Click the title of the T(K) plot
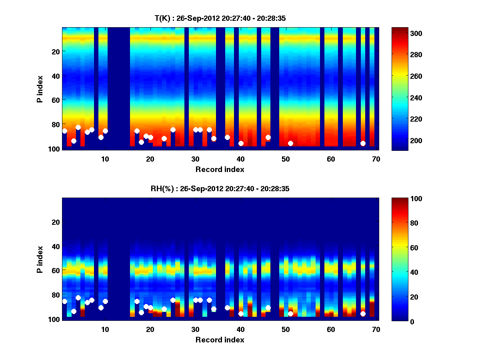pos(220,18)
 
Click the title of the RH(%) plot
pos(220,188)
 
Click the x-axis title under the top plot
pos(220,169)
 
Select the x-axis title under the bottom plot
pos(220,340)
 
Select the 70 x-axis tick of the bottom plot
pos(376,329)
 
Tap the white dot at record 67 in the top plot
pos(363,143)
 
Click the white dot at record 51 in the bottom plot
pos(290,314)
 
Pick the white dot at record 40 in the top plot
pos(241,143)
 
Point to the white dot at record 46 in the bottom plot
pos(268,308)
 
